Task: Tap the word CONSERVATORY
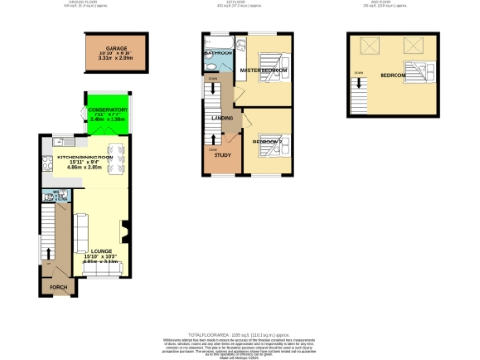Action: (x=108, y=111)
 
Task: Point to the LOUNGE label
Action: (x=101, y=251)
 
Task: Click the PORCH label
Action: (x=58, y=287)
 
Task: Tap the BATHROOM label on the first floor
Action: (x=218, y=53)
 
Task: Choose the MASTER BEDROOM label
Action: (x=263, y=71)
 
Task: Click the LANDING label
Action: (x=222, y=118)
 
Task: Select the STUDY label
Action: (x=222, y=155)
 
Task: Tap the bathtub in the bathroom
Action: (x=218, y=41)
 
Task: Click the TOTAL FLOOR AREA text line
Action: (x=240, y=334)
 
